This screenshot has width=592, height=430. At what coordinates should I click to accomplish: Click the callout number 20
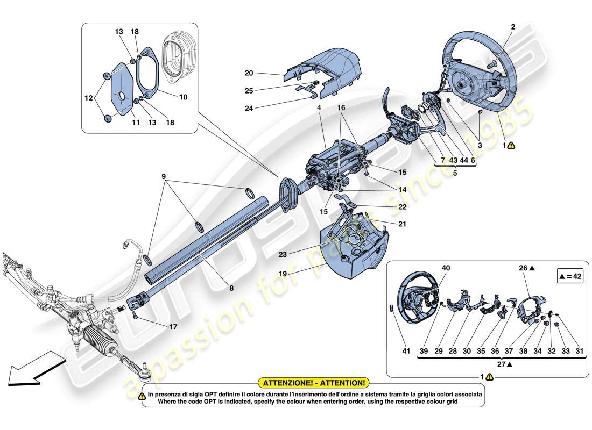tap(249, 73)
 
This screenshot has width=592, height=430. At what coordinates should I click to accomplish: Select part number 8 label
tap(231, 288)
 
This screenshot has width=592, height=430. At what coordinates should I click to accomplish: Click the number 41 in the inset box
tap(407, 351)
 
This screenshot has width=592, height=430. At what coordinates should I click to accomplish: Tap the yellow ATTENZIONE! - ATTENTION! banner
tap(314, 383)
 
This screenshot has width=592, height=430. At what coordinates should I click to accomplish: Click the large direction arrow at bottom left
tap(30, 367)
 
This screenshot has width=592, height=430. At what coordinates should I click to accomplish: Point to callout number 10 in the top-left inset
tap(183, 98)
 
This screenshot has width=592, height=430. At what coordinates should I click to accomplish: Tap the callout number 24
tap(249, 108)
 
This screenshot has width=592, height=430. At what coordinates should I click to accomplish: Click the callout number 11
tap(136, 123)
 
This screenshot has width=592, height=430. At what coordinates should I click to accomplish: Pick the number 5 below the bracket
tap(455, 174)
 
